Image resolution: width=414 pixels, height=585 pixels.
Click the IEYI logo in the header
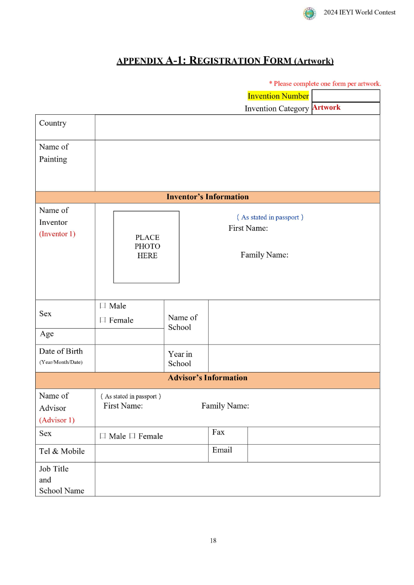tap(310, 13)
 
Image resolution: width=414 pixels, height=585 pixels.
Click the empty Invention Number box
tap(345, 96)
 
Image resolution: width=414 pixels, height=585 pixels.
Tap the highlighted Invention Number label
tap(278, 96)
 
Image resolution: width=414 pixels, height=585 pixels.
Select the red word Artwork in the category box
tap(327, 108)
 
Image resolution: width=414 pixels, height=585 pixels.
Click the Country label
tap(53, 123)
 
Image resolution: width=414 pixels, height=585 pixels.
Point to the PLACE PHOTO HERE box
tap(146, 247)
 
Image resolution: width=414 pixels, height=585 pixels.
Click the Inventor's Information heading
tap(208, 197)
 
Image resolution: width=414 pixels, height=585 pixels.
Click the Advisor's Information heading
tap(208, 378)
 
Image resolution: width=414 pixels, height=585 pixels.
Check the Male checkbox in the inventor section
tap(103, 306)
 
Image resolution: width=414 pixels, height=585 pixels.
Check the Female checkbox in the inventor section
tap(103, 320)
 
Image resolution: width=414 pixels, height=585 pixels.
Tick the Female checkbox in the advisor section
tap(132, 436)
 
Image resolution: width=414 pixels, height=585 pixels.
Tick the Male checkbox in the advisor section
tap(103, 436)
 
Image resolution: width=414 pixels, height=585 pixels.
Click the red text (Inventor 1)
tap(57, 234)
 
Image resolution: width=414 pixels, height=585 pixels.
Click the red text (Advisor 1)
tap(57, 420)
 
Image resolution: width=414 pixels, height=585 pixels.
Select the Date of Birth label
tap(61, 351)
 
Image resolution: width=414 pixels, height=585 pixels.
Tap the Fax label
tap(218, 432)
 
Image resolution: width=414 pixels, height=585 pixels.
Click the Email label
tap(222, 450)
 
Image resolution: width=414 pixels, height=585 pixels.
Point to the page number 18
tap(213, 541)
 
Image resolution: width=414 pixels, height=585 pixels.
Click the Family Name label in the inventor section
tap(264, 255)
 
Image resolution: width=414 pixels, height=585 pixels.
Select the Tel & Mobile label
tap(62, 452)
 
